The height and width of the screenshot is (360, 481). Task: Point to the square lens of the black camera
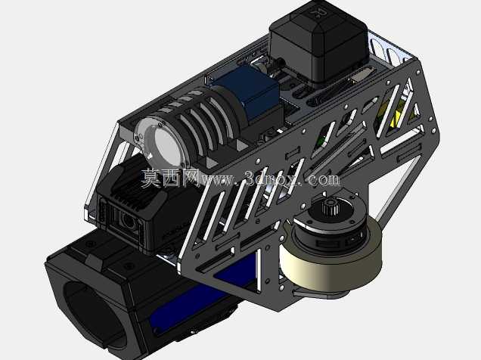tap(129, 220)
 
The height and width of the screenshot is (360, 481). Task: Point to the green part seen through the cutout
tap(321, 139)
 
